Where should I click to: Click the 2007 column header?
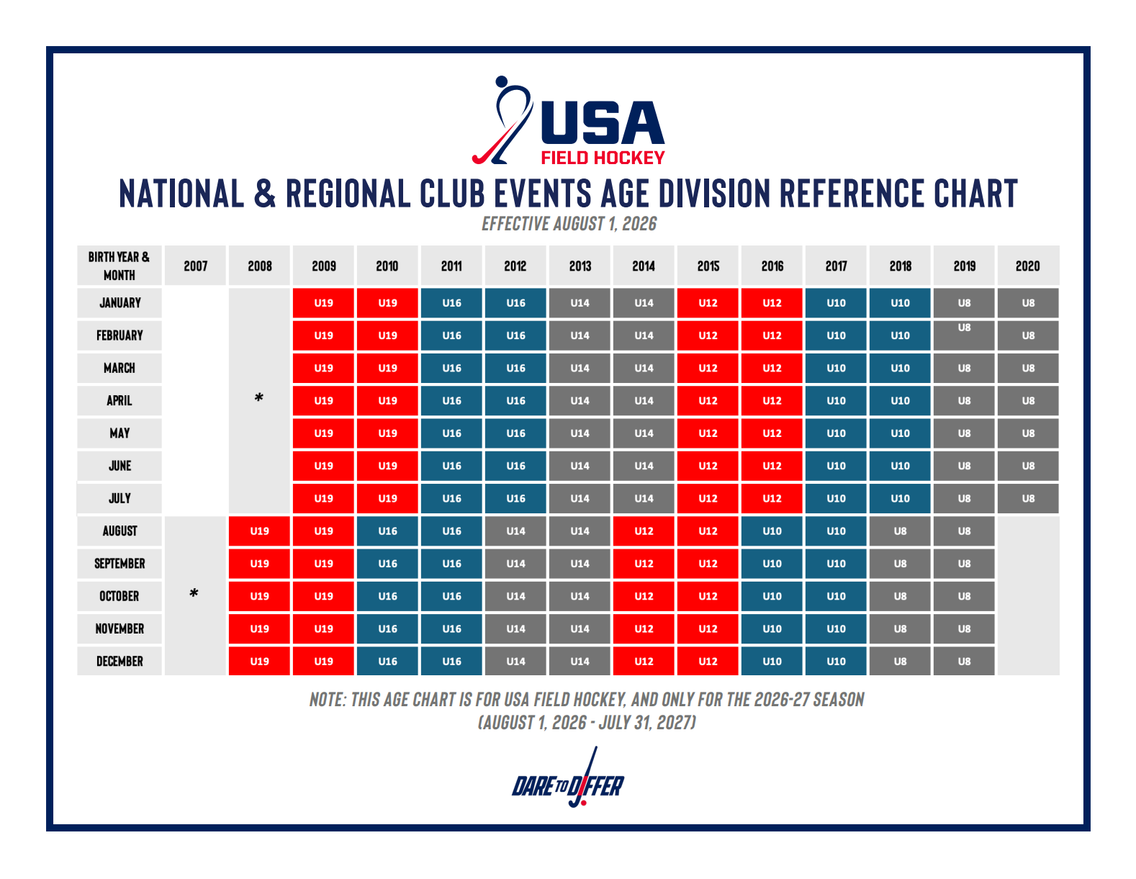click(195, 266)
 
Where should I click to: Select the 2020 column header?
click(1027, 266)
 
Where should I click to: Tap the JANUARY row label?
click(120, 302)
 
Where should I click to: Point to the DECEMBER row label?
click(120, 661)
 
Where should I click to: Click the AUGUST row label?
click(120, 531)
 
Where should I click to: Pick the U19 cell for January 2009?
click(323, 302)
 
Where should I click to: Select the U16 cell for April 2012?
click(515, 400)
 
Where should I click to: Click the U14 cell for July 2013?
click(580, 498)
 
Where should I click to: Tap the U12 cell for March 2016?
click(772, 368)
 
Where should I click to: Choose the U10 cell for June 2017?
click(836, 466)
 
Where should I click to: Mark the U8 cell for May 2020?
click(1028, 433)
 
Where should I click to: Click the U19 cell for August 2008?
click(259, 531)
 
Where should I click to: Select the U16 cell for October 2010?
click(387, 596)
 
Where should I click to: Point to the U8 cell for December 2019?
click(964, 661)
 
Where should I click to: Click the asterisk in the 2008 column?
click(258, 398)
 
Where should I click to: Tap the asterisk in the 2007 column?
click(194, 594)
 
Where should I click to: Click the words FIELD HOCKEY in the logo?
click(603, 158)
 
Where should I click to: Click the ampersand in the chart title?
click(264, 194)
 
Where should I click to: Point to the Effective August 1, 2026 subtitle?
click(569, 224)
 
